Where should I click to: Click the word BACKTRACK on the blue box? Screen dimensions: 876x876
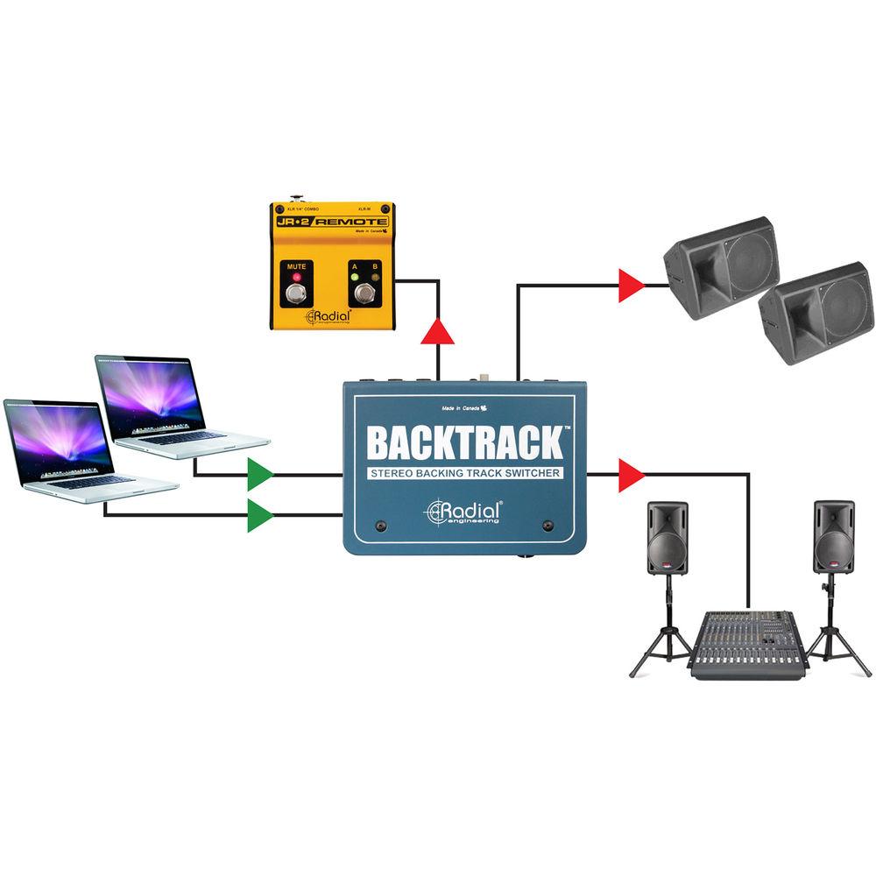[464, 442]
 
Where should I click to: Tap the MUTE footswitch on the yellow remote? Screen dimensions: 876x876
[296, 294]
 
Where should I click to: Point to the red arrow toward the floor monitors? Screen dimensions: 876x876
[631, 286]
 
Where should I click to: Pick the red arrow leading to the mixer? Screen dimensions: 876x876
[631, 475]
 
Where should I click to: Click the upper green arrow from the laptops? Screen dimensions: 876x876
[259, 475]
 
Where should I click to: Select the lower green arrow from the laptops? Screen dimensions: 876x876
[259, 514]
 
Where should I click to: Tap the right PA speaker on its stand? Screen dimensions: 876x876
[832, 536]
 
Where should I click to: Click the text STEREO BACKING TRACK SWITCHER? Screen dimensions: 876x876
[464, 474]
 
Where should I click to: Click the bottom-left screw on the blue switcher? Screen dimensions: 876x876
[382, 526]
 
